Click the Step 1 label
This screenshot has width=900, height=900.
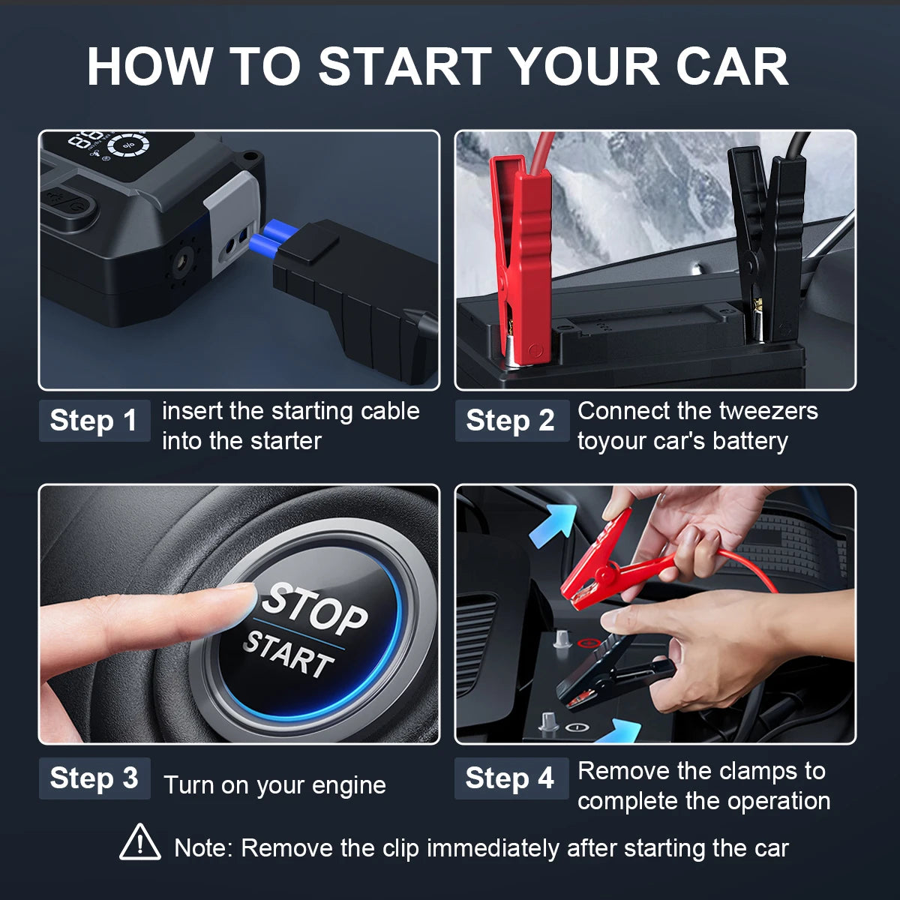[94, 420]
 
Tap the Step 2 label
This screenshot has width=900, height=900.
[511, 420]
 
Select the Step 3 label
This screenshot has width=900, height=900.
[94, 778]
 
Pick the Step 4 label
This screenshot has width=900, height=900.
[511, 778]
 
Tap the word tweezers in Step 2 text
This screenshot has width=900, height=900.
[768, 412]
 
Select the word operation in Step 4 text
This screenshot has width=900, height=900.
[779, 801]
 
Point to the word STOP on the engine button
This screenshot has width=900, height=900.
[314, 610]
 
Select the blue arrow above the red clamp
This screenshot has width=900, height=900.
[553, 524]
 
